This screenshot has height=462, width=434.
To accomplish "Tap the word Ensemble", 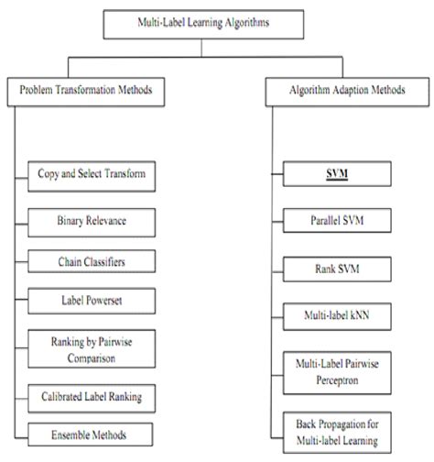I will [71, 434].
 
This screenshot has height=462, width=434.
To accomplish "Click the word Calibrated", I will [62, 396].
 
